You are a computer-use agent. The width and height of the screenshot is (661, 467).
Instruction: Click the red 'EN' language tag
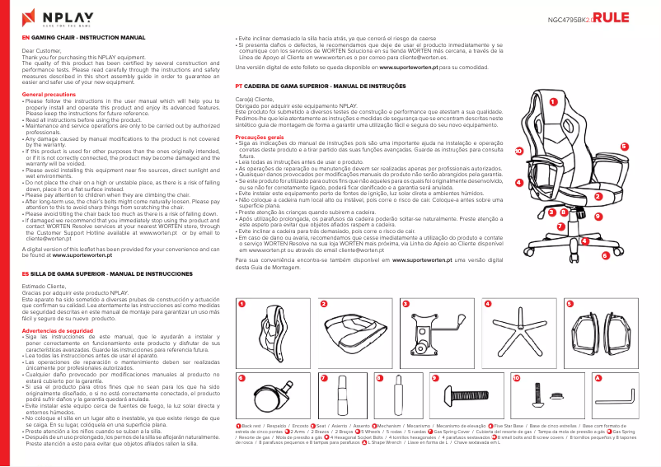tap(25, 38)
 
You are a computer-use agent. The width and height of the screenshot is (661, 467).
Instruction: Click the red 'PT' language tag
tap(239, 85)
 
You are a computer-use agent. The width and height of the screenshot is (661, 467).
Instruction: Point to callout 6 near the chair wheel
tap(605, 255)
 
